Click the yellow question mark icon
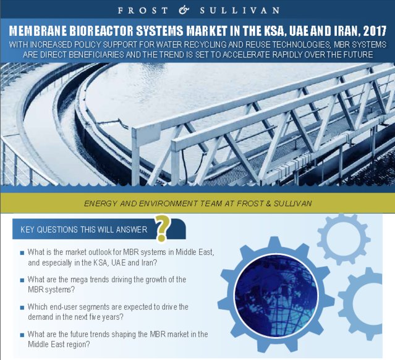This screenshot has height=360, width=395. click(x=162, y=229)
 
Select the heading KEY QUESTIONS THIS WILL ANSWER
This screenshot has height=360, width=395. click(x=83, y=230)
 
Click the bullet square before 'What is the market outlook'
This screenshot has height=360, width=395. click(x=22, y=253)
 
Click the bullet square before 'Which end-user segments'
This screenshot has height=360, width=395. click(x=22, y=307)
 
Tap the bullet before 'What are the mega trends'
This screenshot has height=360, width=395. click(x=22, y=280)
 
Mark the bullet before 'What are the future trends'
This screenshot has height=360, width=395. click(x=22, y=334)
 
